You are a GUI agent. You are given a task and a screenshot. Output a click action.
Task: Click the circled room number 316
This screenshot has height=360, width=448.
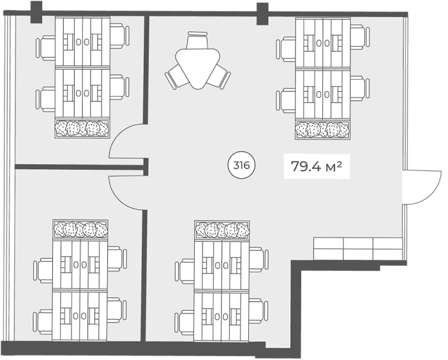tap(241, 165)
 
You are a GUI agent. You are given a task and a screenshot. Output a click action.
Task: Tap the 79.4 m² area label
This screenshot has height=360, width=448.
tap(317, 167)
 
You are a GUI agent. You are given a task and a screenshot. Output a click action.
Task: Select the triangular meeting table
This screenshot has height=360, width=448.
tap(198, 68)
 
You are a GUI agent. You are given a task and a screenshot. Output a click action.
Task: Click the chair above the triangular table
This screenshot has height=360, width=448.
tap(198, 40)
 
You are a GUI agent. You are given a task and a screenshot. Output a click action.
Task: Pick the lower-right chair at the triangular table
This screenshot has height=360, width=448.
tap(220, 77)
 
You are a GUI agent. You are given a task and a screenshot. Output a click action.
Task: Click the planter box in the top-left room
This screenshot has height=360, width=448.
tap(82, 128)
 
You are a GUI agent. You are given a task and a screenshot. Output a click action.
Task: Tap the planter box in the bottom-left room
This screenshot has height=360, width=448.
tap(80, 229)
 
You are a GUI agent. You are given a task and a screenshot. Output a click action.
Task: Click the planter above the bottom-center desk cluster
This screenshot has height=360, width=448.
tap(222, 230)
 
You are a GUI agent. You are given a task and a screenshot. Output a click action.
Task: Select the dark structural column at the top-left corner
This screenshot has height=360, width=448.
tap(36, 12)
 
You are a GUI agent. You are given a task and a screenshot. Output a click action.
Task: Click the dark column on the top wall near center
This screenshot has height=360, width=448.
tap(262, 13)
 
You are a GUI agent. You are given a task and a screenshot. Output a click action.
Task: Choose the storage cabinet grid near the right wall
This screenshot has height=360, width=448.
tap(358, 248)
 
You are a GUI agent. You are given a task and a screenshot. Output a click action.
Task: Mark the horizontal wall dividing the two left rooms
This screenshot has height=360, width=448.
tap(79, 167)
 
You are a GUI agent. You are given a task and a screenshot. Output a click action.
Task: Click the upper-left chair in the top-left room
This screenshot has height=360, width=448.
tap(46, 48)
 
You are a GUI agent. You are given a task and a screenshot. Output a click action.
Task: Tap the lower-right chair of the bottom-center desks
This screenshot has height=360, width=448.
tap(258, 311)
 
